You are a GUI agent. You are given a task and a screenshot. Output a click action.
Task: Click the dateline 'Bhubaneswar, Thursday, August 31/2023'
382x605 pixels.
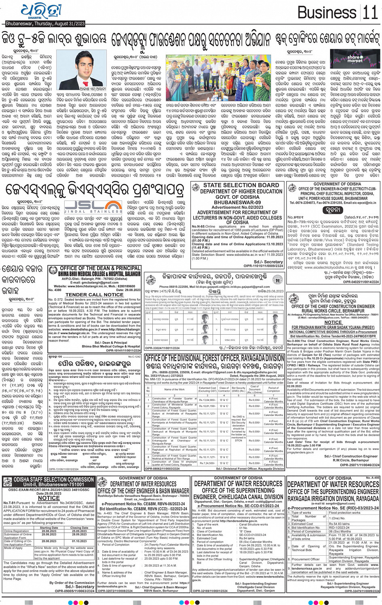tap(45, 24)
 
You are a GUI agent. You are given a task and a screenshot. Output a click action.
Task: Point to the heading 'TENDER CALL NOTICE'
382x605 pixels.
tap(94, 295)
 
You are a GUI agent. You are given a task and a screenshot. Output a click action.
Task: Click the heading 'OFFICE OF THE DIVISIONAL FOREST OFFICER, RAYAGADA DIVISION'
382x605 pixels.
tap(214, 358)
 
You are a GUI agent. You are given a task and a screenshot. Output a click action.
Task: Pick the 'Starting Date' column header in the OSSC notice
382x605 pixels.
tap(49, 528)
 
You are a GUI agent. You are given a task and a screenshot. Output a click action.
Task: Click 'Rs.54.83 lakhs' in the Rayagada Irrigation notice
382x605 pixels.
tap(340, 524)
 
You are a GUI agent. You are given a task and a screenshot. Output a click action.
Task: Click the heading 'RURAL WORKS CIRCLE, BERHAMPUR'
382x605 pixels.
tap(333, 311)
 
